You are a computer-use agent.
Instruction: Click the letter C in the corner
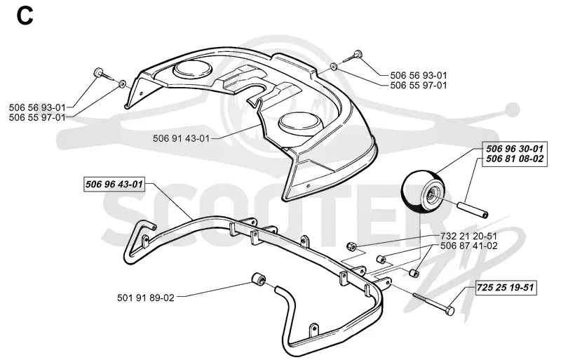coord(25,16)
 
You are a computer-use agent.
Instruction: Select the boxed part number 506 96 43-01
coord(114,185)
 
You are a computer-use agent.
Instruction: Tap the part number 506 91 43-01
coord(181,138)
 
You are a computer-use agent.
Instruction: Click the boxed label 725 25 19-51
coord(506,288)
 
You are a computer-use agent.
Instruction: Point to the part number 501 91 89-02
coord(146,298)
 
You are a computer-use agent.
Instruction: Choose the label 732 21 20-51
coord(469,236)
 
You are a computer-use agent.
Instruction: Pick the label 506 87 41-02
coord(469,246)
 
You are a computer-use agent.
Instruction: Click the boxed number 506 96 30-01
coord(515,149)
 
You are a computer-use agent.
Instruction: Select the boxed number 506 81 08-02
coord(515,159)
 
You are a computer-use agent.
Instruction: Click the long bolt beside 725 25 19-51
coord(433,302)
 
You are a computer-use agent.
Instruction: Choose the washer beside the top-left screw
coord(122,84)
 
